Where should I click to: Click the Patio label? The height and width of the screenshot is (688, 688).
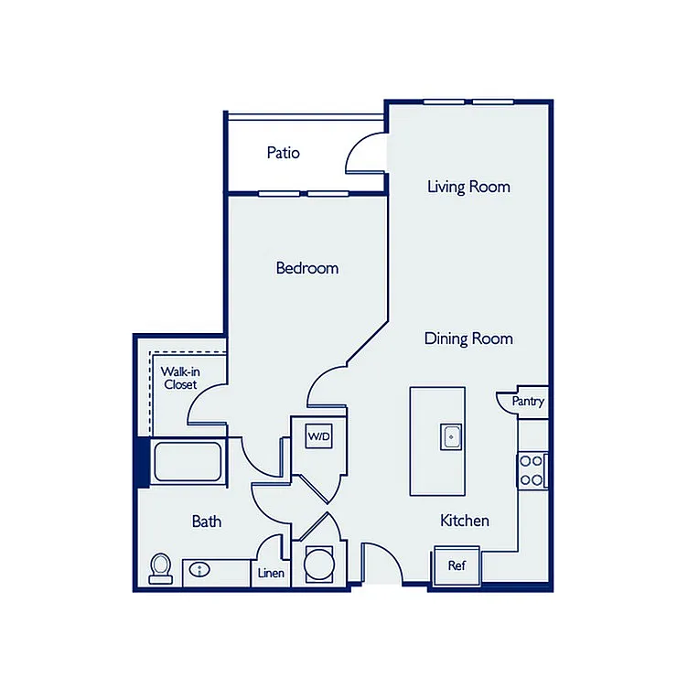284,153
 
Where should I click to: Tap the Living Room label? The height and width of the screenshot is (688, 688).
468,187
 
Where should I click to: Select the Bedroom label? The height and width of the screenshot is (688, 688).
307,268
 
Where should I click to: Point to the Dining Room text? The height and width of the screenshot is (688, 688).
468,339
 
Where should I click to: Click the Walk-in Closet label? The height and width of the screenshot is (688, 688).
180,378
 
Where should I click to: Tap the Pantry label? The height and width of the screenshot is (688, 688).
528,401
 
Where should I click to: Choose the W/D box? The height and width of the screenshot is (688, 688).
319,436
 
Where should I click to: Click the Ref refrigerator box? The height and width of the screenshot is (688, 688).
457,565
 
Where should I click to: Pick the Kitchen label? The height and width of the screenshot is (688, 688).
465,521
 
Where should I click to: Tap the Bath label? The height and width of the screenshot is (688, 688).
207,521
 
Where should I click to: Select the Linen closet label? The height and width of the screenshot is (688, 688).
271,573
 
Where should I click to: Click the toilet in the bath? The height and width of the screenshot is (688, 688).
161,568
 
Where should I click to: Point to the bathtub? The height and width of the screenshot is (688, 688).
188,462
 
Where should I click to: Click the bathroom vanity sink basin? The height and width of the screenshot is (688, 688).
199,570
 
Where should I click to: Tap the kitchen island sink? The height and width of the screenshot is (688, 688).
451,437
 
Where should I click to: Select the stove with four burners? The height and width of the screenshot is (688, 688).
532,470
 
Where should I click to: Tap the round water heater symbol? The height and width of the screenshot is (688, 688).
319,564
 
